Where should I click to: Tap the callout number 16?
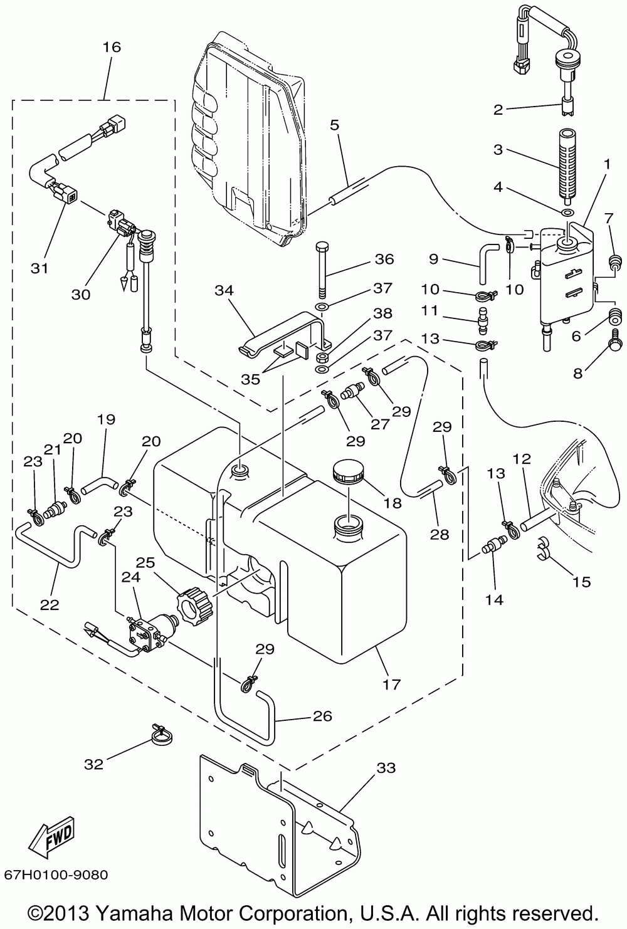click(112, 47)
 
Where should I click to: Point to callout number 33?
click(387, 767)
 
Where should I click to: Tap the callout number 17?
click(392, 684)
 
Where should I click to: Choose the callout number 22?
click(50, 605)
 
